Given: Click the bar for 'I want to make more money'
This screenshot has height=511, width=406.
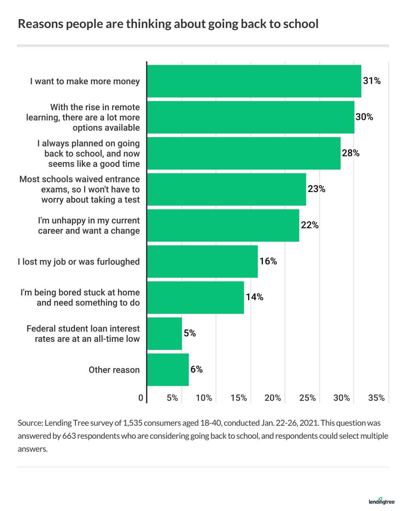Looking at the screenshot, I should pos(254,81).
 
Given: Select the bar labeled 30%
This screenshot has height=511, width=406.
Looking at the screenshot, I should pos(250,117).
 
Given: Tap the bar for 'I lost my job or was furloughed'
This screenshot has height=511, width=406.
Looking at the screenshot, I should pos(202,261).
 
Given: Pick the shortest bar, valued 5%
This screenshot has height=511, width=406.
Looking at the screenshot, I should pos(164,333).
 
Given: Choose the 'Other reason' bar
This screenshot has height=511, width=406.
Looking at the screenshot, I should pos(168,369).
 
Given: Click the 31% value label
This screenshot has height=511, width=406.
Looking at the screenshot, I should pos(372,81).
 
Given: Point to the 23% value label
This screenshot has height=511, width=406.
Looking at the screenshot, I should pos(316,189).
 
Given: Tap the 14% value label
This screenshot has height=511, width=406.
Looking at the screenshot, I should pos(255,297).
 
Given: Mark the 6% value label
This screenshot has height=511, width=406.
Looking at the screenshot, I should pos(197,369).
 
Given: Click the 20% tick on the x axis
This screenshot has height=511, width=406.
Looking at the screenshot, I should pos(273,398).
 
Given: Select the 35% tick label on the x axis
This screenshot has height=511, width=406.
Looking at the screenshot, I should pos(376,398).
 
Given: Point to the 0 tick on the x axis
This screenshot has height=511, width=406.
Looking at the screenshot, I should pos(141,398).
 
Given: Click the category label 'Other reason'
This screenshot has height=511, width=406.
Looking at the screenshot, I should pos(114,370).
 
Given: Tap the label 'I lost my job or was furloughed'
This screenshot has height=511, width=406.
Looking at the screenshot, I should pos(79,262).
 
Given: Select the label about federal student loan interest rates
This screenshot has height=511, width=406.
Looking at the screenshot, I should pos(83,334).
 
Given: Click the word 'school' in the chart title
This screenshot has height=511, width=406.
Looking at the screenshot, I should pos(301,24).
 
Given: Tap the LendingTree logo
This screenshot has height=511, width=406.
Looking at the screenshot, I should pos(382,501).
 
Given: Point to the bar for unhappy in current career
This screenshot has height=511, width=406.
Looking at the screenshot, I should pos(223,225).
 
